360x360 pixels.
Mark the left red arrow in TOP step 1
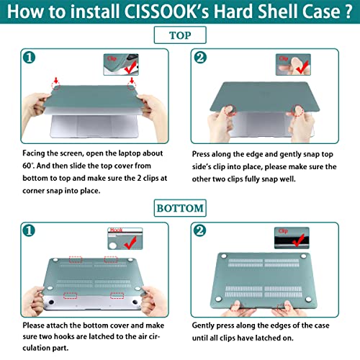[x=46, y=86]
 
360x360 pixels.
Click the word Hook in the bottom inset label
[x=114, y=229]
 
